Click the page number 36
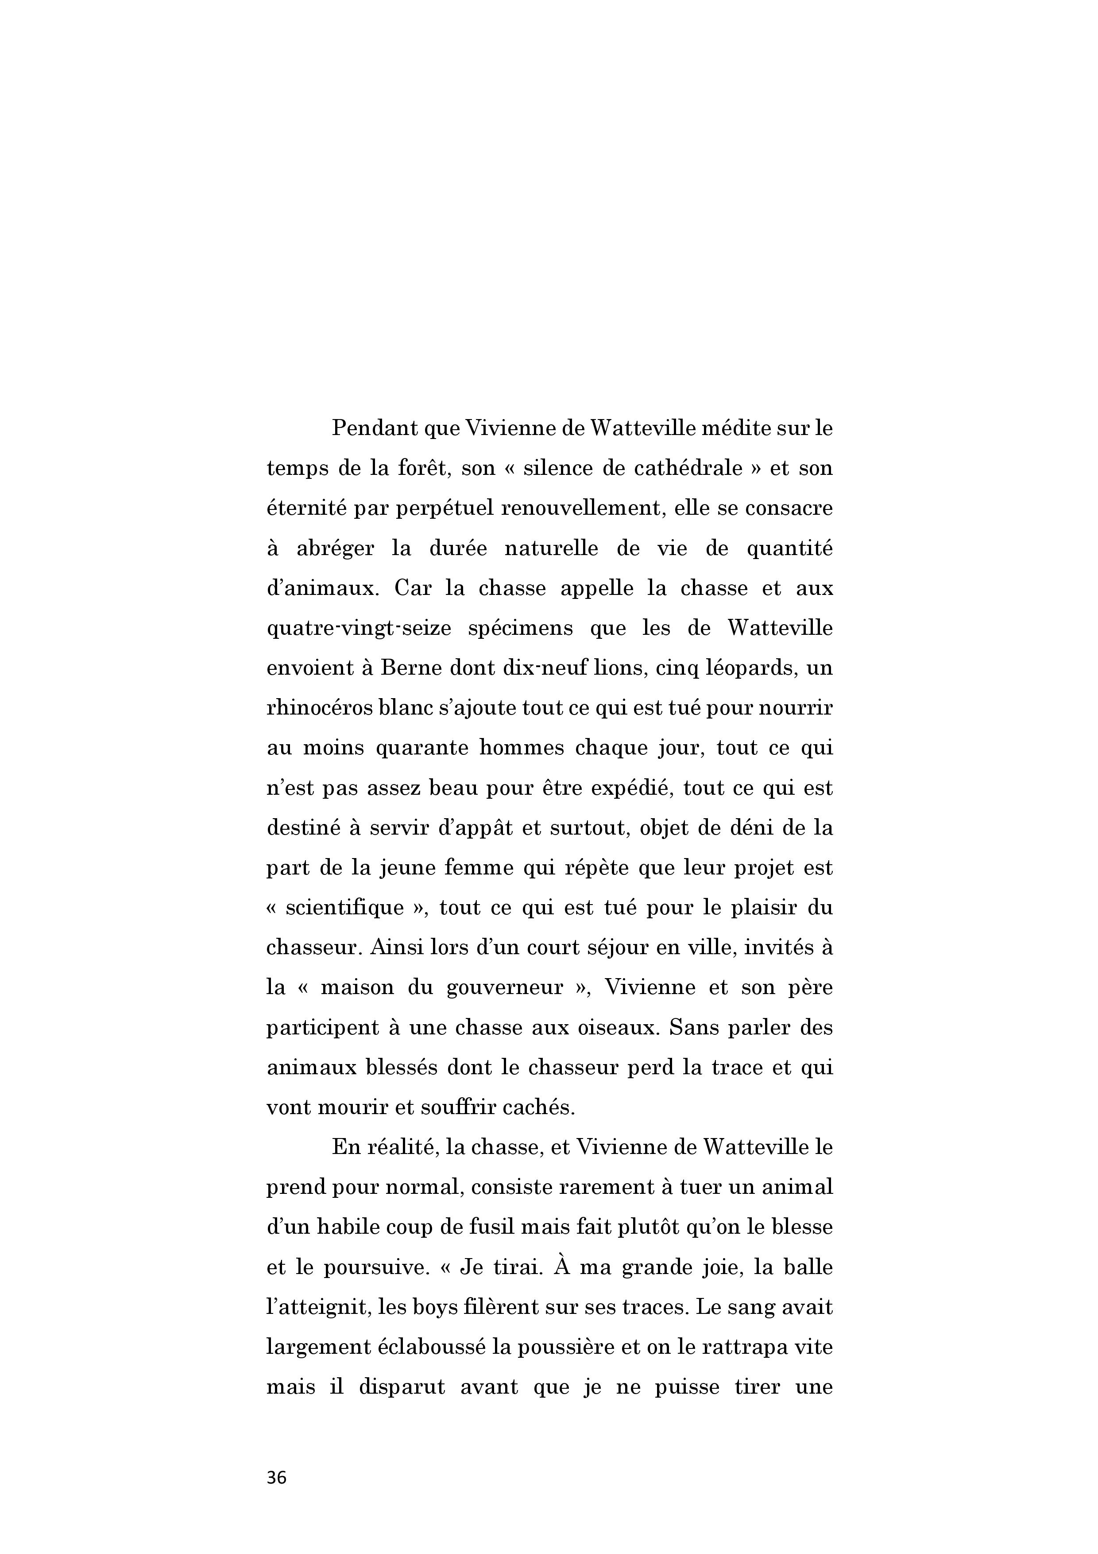click(x=277, y=1477)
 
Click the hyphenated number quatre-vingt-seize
click(x=359, y=628)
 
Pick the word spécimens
click(x=520, y=628)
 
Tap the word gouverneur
click(x=505, y=987)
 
